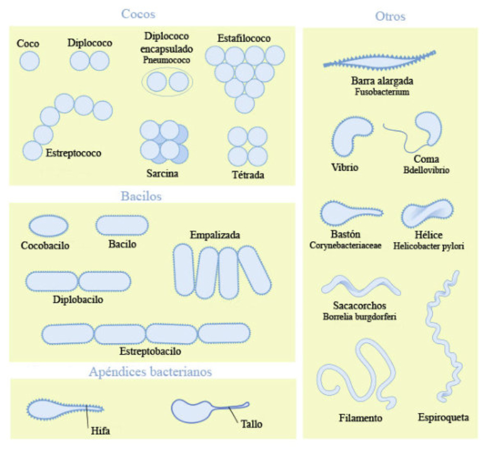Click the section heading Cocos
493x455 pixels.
pos(139,14)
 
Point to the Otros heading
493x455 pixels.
pos(390,16)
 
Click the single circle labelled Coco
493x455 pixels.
pos(29,61)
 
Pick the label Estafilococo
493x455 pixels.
pos(243,39)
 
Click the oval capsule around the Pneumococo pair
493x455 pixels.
pos(168,94)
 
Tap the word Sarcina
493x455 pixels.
pos(162,173)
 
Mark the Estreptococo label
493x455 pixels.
pos(73,152)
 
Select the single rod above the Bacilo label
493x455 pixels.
pos(121,226)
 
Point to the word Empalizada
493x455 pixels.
pos(215,235)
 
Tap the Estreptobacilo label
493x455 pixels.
pos(150,351)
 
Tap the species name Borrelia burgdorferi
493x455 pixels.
pos(359,317)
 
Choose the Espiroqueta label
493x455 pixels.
pos(443,417)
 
